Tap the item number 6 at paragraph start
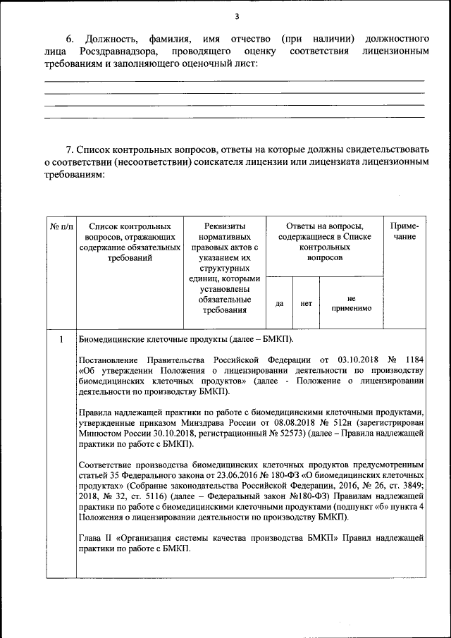point(70,37)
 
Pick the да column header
point(279,303)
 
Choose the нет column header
point(306,303)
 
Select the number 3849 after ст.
point(411,486)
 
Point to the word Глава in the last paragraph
point(91,538)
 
